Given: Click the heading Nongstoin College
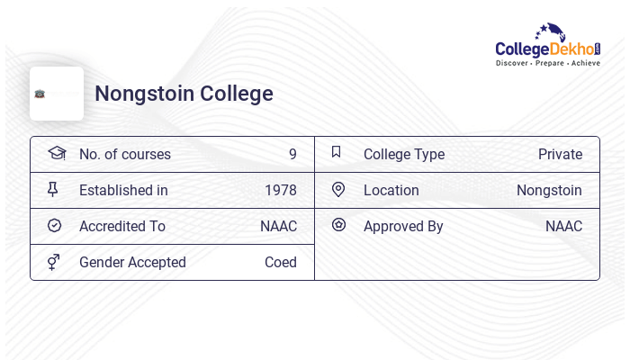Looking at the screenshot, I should click(184, 94).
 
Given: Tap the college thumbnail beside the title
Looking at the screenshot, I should click(56, 94).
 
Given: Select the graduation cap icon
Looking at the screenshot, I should click(56, 153).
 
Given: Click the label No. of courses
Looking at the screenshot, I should click(124, 155).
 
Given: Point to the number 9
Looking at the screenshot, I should click(292, 155).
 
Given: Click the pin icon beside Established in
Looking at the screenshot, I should click(53, 190).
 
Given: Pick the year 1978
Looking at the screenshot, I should click(280, 191).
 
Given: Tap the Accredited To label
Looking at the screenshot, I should click(121, 227).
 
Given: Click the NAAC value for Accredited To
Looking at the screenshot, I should click(278, 227).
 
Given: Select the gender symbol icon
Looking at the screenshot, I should click(53, 262).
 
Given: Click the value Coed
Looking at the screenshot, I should click(280, 263).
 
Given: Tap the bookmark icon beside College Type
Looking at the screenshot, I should click(337, 153).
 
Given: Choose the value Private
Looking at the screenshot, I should click(560, 155).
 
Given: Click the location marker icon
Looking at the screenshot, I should click(338, 190).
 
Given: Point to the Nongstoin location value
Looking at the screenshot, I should click(549, 191).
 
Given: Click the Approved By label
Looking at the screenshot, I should click(403, 227).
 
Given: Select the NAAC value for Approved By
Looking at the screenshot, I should click(563, 227).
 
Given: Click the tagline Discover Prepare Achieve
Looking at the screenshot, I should click(547, 64).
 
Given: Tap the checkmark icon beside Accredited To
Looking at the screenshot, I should click(54, 226).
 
